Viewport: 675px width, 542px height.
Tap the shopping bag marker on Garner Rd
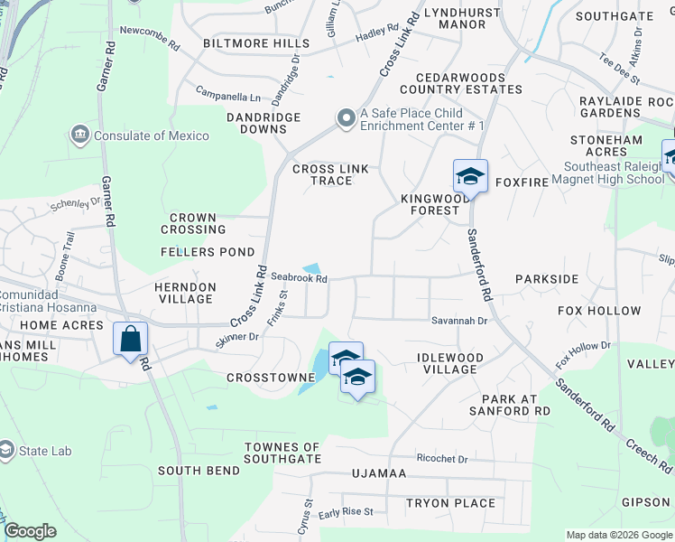click(131, 340)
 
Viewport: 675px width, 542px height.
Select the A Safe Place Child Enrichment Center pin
click(346, 119)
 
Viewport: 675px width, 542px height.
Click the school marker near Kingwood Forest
click(470, 175)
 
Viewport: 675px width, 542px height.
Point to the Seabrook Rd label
click(299, 278)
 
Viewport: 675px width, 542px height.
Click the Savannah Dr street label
click(458, 321)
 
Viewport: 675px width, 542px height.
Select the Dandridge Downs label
click(237, 124)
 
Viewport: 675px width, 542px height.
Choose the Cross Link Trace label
click(330, 174)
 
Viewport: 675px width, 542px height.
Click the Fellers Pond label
click(207, 252)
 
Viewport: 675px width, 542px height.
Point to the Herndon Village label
click(184, 294)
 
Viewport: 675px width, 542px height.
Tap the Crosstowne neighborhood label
click(263, 378)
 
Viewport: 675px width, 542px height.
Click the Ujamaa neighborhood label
click(381, 473)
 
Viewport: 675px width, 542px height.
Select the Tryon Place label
click(450, 503)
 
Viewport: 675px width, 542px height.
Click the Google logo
click(30, 531)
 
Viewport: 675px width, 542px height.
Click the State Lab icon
click(7, 451)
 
